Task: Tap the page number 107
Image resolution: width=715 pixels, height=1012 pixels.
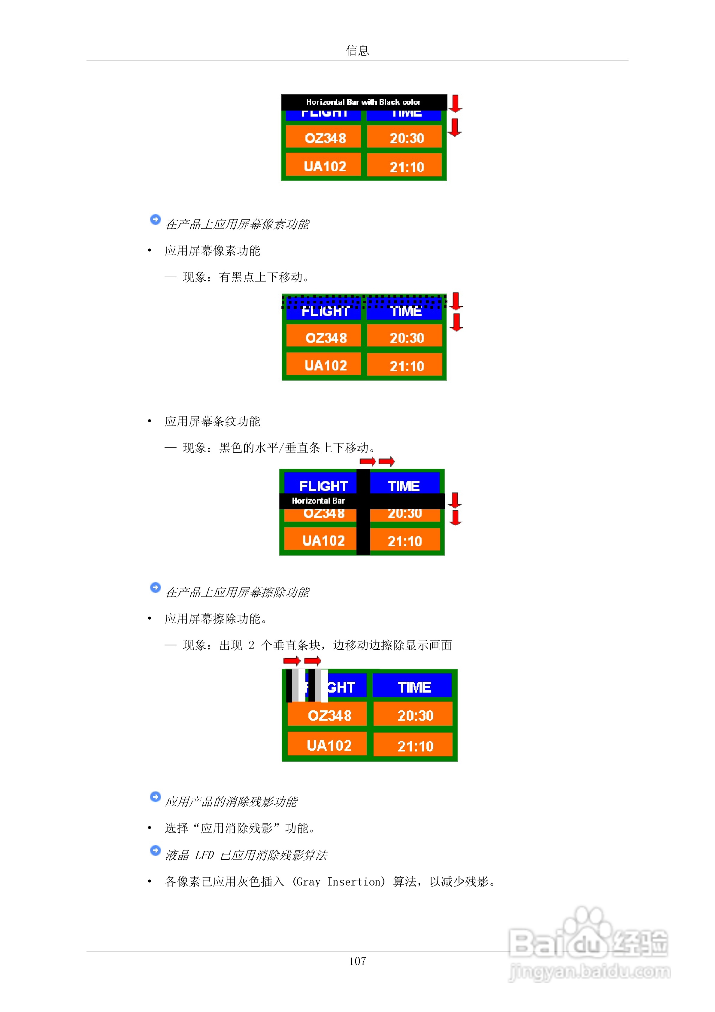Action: point(357,961)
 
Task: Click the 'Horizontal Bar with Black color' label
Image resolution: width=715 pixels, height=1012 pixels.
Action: point(363,102)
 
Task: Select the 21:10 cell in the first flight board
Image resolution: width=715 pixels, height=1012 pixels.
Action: point(406,166)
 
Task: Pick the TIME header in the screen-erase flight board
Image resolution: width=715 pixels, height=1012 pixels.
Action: point(414,687)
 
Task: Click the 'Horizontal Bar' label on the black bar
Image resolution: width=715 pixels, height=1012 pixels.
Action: point(318,501)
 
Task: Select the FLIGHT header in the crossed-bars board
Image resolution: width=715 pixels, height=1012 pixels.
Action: point(323,486)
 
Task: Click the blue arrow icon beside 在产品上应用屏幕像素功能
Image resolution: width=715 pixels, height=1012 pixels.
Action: point(155,219)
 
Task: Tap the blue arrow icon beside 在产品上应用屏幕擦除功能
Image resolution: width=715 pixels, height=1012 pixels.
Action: point(155,587)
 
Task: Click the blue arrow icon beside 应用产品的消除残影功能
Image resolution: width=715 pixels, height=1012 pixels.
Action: point(155,797)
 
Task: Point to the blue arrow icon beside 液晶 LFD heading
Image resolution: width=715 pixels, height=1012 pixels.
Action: point(155,850)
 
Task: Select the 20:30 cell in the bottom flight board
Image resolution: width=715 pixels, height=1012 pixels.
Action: point(415,715)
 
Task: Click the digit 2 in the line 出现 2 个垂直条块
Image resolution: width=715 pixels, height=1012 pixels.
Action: point(251,645)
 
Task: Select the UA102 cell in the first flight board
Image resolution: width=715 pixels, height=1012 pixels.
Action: point(325,166)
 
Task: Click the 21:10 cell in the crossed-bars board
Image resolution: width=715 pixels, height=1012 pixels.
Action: point(404,541)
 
